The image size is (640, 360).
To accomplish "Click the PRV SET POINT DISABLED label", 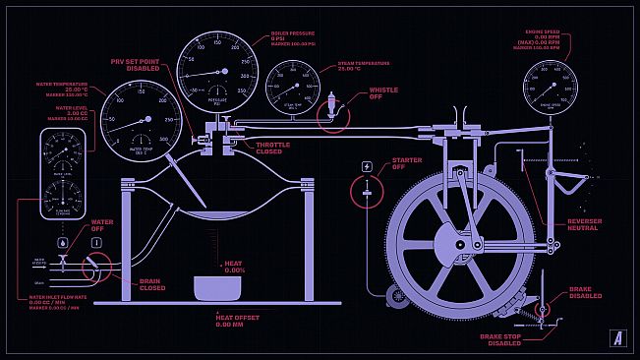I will tap(135, 65).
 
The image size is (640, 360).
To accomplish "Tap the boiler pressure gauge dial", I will tap(216, 72).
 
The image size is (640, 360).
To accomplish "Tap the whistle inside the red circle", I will tap(332, 106).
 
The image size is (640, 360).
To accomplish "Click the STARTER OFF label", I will tap(407, 163).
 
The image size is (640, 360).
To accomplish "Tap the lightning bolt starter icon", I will tap(368, 166).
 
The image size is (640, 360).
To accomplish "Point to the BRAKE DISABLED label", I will tap(586, 292).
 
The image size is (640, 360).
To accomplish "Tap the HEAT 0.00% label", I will tap(234, 267).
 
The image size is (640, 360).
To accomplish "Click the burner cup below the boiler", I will tap(217, 288).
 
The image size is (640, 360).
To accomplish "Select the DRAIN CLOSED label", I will tap(151, 284).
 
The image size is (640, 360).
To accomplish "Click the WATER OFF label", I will tap(102, 225).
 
